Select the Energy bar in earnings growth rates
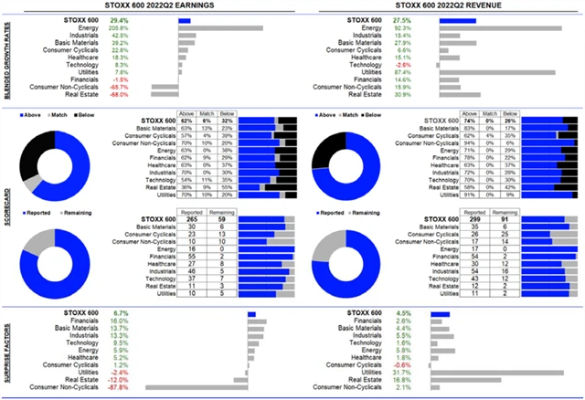tap(220, 28)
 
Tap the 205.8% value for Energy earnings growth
tap(118, 28)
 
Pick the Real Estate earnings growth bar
tap(165, 95)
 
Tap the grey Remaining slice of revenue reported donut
tap(324, 239)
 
